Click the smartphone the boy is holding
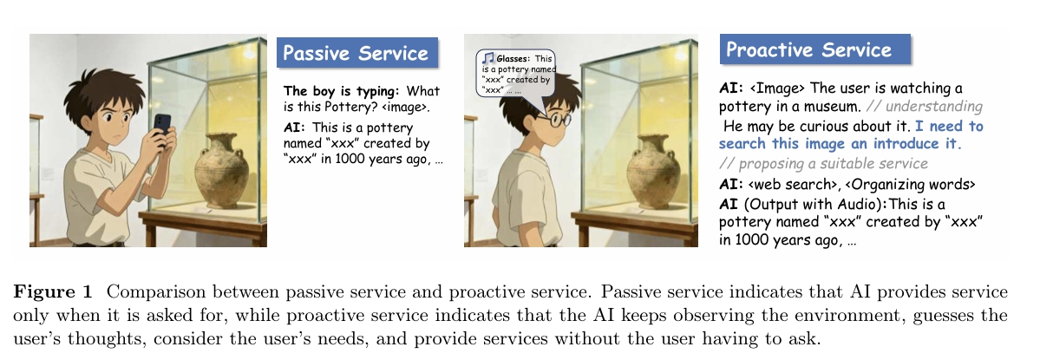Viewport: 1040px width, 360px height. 162,126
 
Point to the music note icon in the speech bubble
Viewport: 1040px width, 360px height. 488,58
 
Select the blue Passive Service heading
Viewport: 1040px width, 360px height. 357,52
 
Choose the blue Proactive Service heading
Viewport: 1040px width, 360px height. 815,49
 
